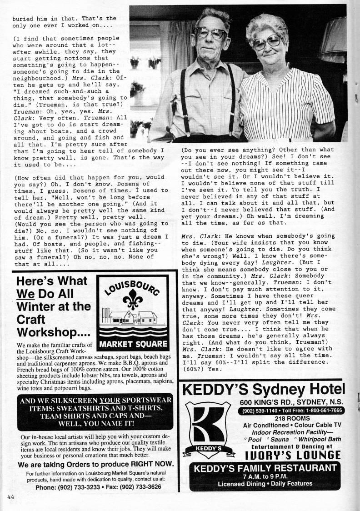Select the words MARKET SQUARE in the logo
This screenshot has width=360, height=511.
point(133,344)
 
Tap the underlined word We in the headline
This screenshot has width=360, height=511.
point(26,294)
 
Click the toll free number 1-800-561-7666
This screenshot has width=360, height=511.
point(320,410)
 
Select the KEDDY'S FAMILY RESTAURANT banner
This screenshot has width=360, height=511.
point(265,469)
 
